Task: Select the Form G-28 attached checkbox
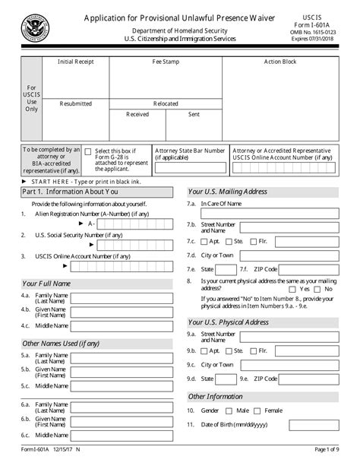(x=88, y=152)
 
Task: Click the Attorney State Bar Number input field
(x=190, y=169)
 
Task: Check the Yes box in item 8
(x=293, y=289)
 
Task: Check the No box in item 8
(x=319, y=289)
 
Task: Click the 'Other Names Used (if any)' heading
(x=61, y=344)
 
